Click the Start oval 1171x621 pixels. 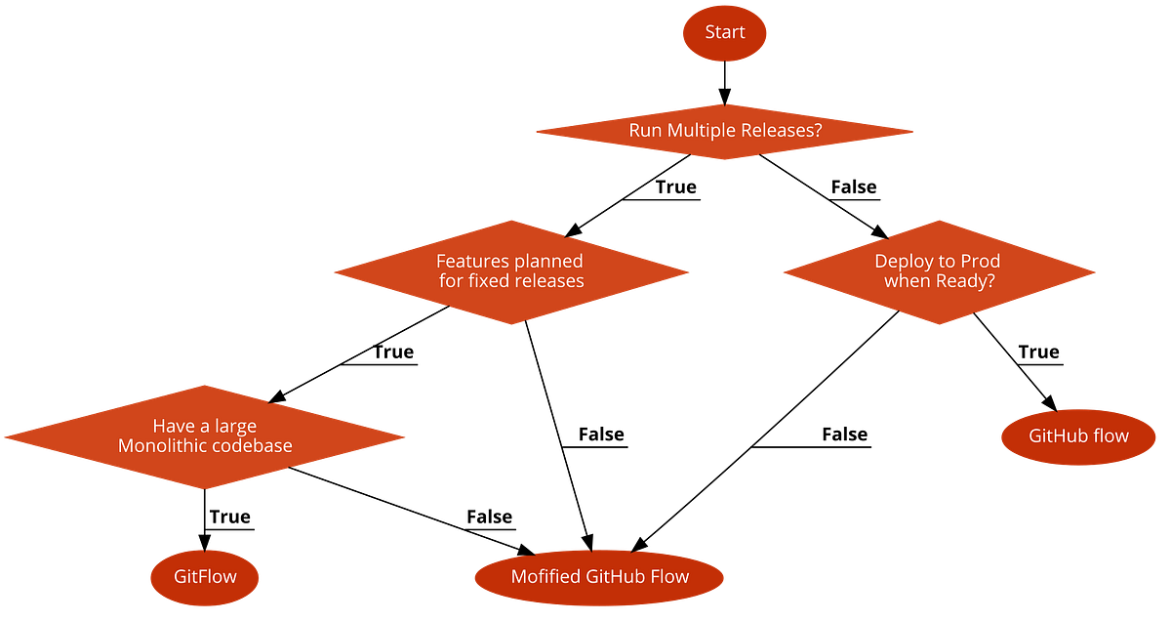coord(725,32)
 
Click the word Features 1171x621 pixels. coord(471,261)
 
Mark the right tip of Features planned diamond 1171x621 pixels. coord(689,271)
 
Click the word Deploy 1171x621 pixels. coord(904,261)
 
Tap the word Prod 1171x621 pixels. coord(980,261)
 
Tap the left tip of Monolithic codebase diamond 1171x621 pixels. coord(4,436)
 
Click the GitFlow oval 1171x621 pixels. coord(205,576)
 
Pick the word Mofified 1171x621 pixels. coord(545,576)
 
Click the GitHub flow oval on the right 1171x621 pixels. coord(1078,435)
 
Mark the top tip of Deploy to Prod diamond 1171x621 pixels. coord(938,219)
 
